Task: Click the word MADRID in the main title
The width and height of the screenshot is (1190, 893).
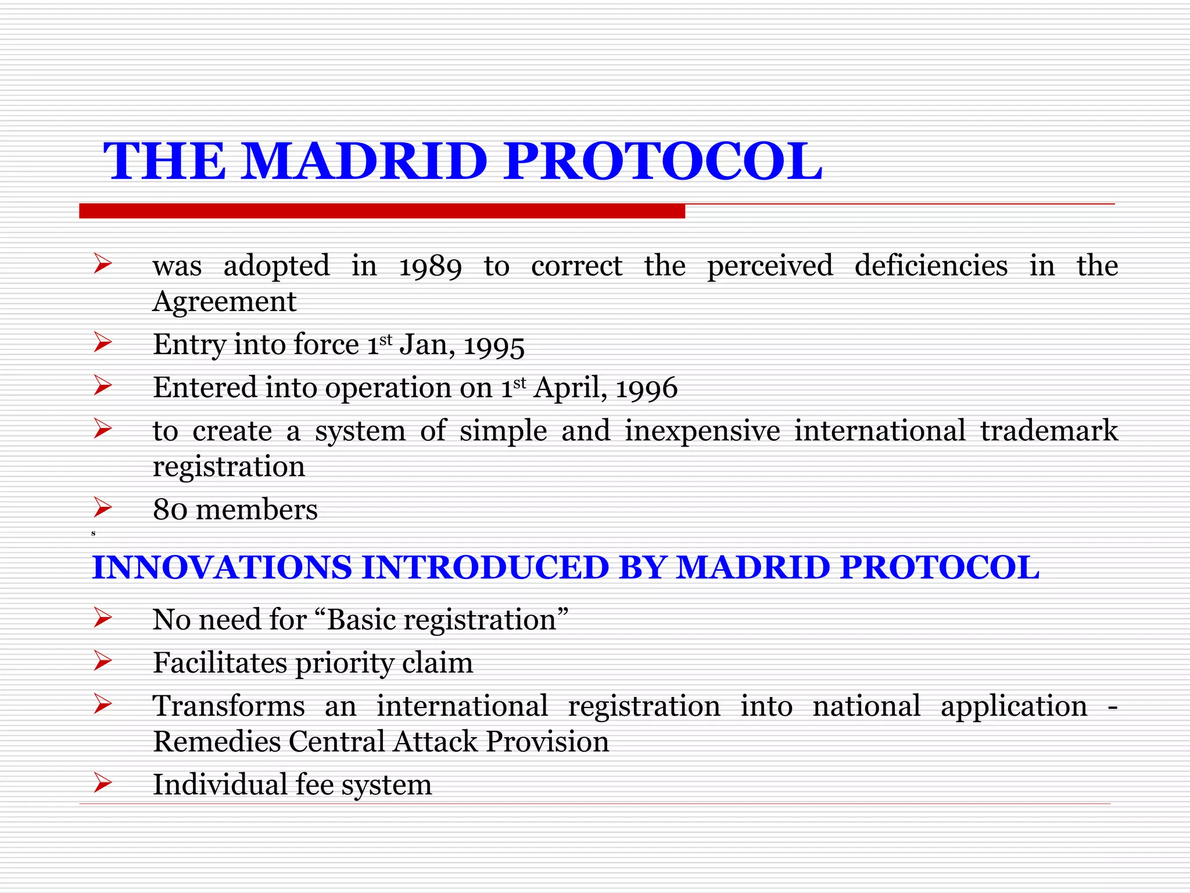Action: click(364, 162)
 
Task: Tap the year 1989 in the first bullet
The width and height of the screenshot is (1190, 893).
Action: click(430, 266)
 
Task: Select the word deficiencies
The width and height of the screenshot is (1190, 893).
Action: click(931, 266)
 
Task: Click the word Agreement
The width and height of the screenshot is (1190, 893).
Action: click(224, 302)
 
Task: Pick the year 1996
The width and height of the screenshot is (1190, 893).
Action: click(646, 388)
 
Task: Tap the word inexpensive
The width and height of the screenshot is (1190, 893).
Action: click(702, 431)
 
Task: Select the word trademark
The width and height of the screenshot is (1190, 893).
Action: click(1049, 431)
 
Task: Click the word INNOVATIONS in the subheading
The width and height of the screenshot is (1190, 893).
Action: click(222, 567)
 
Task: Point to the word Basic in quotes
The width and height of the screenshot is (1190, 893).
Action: click(361, 620)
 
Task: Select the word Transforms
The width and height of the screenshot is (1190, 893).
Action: click(228, 706)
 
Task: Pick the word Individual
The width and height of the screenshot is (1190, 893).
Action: click(220, 784)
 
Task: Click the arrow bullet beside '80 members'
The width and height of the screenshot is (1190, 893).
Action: click(102, 508)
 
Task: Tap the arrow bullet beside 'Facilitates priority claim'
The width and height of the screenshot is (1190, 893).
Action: click(102, 662)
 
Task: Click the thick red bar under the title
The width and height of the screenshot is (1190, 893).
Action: click(382, 211)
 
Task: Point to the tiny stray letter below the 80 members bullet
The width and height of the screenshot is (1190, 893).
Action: click(94, 533)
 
